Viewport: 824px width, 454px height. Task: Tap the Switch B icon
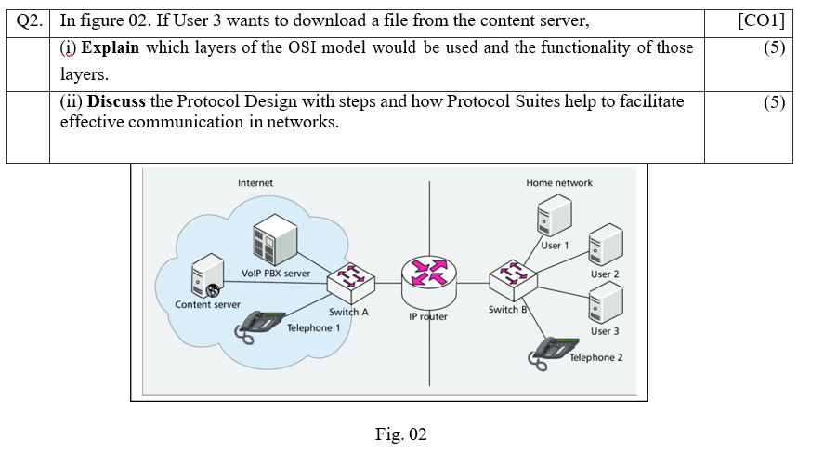click(513, 280)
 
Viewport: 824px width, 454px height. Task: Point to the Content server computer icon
click(207, 275)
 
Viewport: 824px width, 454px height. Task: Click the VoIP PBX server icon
click(275, 239)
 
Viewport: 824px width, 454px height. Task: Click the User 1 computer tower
click(554, 215)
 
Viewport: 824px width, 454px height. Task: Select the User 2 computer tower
click(606, 244)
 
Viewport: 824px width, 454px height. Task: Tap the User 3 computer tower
click(606, 302)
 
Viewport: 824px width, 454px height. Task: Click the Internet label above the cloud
click(255, 183)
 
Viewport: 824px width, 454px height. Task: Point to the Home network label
click(559, 183)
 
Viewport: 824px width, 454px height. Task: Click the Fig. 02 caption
click(401, 434)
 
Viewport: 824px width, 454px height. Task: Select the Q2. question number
click(30, 21)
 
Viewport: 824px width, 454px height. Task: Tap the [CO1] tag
click(762, 21)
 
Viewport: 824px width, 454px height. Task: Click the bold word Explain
click(111, 47)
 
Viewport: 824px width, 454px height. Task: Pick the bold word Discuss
click(116, 101)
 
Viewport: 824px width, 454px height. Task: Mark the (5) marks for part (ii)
click(775, 102)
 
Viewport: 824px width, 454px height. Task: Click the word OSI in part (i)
click(302, 47)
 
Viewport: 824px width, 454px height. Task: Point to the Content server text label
click(207, 304)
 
